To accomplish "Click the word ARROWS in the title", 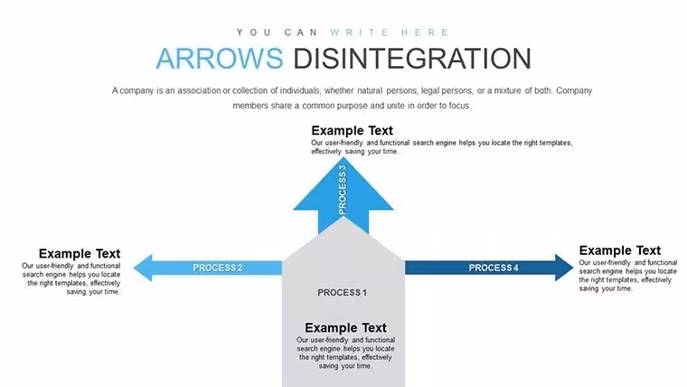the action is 220,58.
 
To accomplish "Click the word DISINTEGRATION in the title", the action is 412,58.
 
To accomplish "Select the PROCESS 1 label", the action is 343,292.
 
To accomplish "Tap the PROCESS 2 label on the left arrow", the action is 218,268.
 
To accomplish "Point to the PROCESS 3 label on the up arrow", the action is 343,190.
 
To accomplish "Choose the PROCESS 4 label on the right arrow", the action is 494,268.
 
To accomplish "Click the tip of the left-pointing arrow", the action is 134,268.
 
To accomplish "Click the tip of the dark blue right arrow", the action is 573,268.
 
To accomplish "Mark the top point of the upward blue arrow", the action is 343,157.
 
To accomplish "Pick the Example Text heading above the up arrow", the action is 352,130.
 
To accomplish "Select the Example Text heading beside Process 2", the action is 80,254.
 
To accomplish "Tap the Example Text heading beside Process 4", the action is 619,250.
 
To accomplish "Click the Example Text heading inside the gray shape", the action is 345,328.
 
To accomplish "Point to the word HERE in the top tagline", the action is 425,33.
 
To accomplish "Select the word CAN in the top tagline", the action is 301,33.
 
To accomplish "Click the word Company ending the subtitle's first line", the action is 574,90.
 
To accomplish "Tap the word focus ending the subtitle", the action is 458,106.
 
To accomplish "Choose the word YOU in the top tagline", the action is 254,33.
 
